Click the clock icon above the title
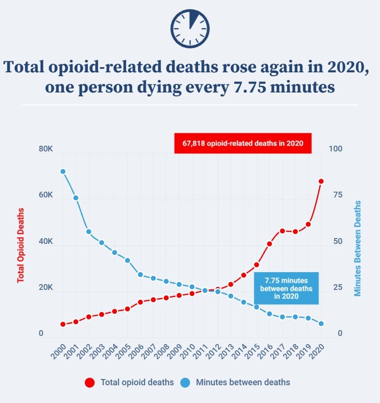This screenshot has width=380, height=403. (x=190, y=28)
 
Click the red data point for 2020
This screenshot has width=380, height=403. (x=321, y=181)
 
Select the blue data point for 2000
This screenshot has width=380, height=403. (x=63, y=172)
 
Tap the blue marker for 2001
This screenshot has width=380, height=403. (x=76, y=198)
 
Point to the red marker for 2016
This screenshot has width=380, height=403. (x=269, y=243)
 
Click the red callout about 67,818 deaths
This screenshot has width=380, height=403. (x=242, y=143)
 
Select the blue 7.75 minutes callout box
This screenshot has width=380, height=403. (x=286, y=288)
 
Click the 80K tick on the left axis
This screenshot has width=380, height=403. (x=46, y=150)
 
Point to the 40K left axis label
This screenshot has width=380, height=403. (x=46, y=242)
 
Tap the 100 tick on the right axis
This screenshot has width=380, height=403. (x=336, y=150)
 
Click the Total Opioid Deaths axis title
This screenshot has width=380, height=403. (x=21, y=244)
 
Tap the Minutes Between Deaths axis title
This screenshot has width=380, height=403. (x=357, y=248)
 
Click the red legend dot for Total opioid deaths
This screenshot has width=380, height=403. (x=90, y=382)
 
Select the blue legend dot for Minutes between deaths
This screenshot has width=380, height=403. (x=185, y=382)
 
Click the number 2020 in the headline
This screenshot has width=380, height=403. (x=341, y=67)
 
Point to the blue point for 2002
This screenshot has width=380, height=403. (x=89, y=231)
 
